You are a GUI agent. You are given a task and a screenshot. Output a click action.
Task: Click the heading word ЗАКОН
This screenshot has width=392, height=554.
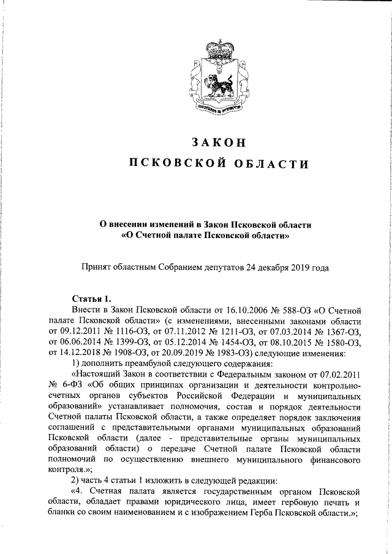(x=218, y=141)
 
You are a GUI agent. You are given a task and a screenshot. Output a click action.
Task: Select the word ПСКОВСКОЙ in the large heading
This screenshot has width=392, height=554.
(x=172, y=163)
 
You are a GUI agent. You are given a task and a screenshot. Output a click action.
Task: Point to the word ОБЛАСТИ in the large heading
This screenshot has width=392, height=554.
(x=264, y=163)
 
